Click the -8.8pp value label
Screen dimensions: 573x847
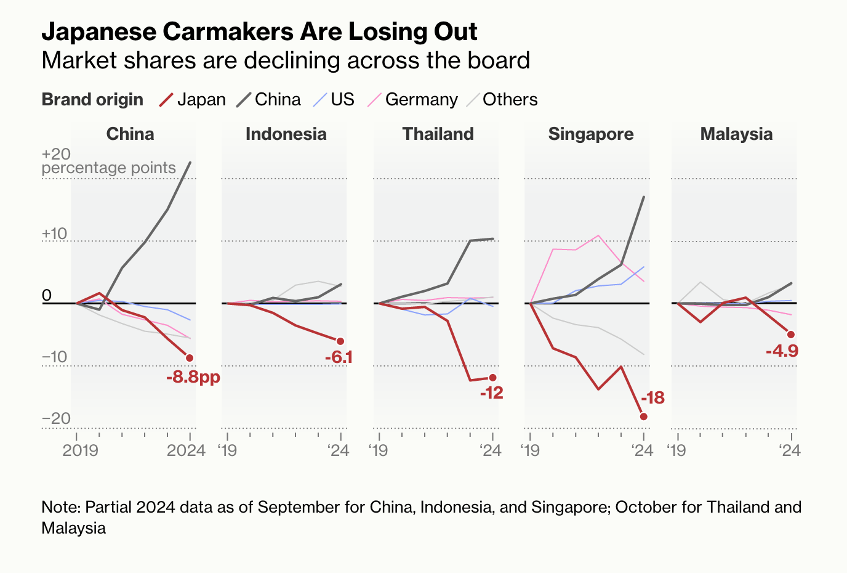tap(193, 377)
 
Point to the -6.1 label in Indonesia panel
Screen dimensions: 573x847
tap(339, 357)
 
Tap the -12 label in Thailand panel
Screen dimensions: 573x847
tap(492, 393)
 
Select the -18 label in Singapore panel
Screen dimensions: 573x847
tap(653, 398)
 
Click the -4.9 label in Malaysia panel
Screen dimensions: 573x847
tap(782, 351)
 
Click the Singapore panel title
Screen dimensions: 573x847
tap(591, 134)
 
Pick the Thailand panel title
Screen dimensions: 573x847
tap(438, 134)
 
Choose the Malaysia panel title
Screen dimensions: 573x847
tap(736, 134)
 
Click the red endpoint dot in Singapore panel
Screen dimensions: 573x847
tap(644, 417)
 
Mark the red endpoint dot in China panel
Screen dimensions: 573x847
tap(190, 358)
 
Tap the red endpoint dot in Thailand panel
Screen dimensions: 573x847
tap(492, 378)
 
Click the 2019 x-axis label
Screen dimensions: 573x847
tap(81, 450)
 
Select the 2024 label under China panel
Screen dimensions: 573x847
tap(186, 450)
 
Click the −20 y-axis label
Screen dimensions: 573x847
tap(56, 419)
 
